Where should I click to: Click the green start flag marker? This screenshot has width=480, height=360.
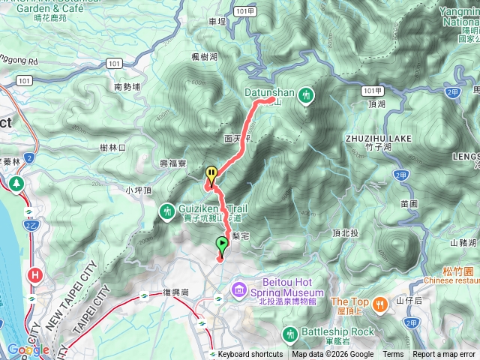click(x=222, y=244)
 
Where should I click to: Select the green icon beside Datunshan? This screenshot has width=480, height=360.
click(x=306, y=95)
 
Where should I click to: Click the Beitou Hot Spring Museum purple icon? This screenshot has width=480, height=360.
click(x=238, y=289)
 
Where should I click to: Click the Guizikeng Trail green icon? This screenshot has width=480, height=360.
click(x=166, y=211)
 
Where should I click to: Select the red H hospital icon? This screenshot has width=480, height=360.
click(x=34, y=275)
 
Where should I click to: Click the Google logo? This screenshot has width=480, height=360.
click(x=28, y=350)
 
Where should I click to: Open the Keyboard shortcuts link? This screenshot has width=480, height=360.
click(x=250, y=355)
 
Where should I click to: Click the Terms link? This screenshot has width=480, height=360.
click(x=393, y=355)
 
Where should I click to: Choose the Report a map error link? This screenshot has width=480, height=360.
click(x=444, y=355)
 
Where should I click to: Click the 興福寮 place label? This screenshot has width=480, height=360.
click(x=173, y=163)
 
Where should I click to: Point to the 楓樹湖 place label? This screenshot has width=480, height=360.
click(x=204, y=56)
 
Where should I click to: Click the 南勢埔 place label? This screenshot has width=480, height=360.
click(x=127, y=87)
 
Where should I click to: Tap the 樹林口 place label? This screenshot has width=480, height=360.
click(x=112, y=148)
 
